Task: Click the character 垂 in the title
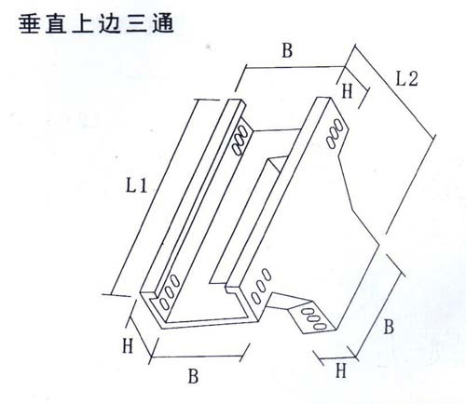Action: pyautogui.click(x=30, y=24)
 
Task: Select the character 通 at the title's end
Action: pyautogui.click(x=163, y=24)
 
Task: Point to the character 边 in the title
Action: pyautogui.click(x=110, y=24)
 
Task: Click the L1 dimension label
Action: pyautogui.click(x=136, y=186)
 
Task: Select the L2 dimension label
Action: pyautogui.click(x=406, y=79)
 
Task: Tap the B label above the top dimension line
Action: pyautogui.click(x=287, y=50)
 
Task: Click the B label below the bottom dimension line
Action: pyautogui.click(x=193, y=376)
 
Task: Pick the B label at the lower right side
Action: pyautogui.click(x=389, y=327)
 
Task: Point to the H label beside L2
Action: pyautogui.click(x=347, y=91)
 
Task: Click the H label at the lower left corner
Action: pyautogui.click(x=128, y=345)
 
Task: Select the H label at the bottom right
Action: pyautogui.click(x=341, y=370)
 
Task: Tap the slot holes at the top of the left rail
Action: pyautogui.click(x=240, y=140)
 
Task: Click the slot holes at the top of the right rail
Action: pyautogui.click(x=335, y=133)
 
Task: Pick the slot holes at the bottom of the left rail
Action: pyautogui.click(x=169, y=292)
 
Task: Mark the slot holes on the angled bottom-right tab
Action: pyautogui.click(x=314, y=318)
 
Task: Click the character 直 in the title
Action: pyautogui.click(x=56, y=24)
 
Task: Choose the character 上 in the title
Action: pyautogui.click(x=83, y=24)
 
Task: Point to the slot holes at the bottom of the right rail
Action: pyautogui.click(x=261, y=286)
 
